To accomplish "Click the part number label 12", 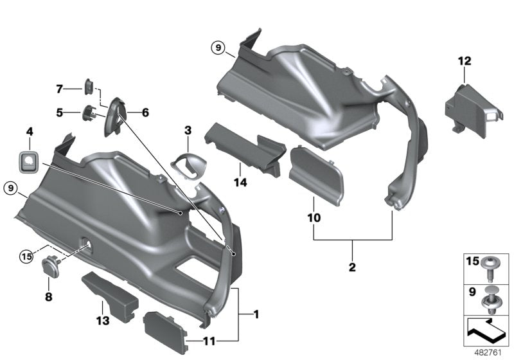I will click(465, 61).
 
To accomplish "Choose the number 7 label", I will click(59, 88).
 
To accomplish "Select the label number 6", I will click(145, 113).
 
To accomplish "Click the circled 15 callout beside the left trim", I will click(25, 257).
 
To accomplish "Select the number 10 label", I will click(314, 218).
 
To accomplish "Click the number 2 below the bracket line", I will click(352, 265).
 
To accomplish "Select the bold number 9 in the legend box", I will click(472, 291).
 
